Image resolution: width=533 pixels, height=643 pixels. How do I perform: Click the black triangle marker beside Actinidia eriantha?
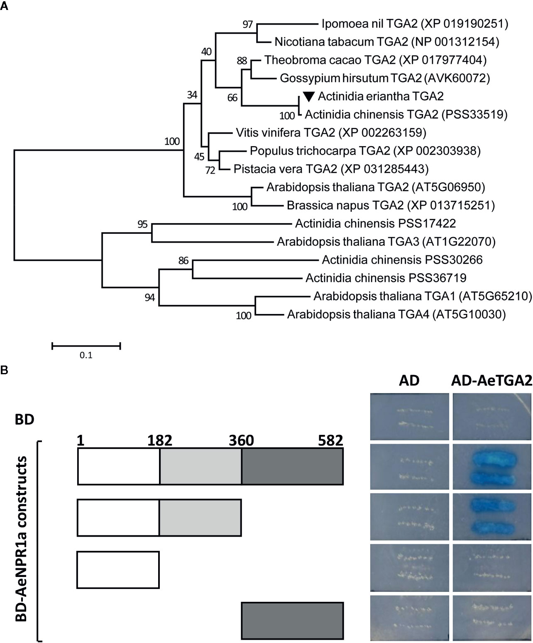308,97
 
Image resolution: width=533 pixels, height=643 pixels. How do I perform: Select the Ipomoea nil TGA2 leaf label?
414,24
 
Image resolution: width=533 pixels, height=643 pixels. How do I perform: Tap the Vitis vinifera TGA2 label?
331,133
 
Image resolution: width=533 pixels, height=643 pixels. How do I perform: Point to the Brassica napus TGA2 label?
391,205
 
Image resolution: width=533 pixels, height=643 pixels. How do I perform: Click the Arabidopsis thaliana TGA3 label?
386,242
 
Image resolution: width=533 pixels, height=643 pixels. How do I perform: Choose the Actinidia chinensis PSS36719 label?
386,278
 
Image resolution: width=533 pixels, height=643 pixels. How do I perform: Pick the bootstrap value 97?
247,25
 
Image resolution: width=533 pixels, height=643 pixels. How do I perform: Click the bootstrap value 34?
192,95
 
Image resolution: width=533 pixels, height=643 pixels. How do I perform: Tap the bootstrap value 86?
183,261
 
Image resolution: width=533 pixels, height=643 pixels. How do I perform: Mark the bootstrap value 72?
210,170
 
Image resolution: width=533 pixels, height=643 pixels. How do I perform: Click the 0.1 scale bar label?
86,355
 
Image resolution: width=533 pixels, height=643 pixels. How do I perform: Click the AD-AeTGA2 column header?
491,381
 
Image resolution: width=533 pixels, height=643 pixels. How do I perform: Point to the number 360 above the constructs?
241,440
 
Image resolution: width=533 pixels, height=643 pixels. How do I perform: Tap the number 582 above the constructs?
330,440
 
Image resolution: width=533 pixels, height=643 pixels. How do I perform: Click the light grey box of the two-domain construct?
200,518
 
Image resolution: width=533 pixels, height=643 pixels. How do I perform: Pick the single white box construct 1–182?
118,569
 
